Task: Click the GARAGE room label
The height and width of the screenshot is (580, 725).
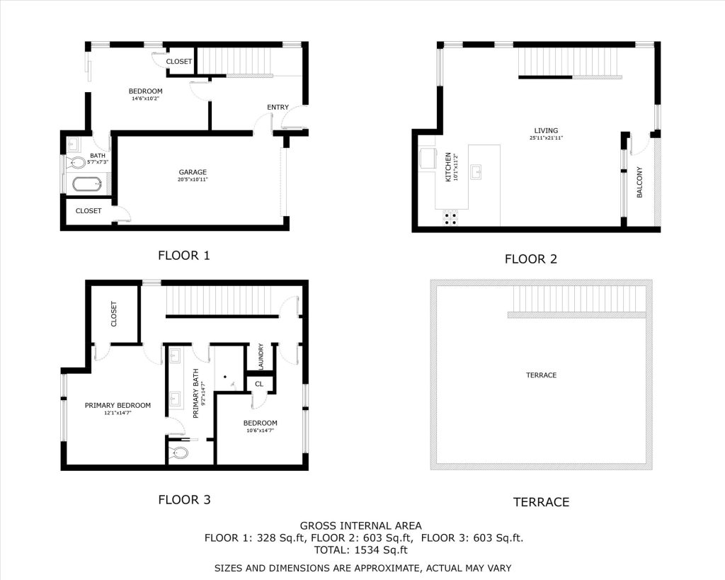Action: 193,172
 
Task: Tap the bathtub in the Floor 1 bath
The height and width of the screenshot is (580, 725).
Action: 86,185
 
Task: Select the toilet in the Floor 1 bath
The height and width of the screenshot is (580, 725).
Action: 76,162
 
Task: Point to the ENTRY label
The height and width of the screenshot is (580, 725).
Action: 278,108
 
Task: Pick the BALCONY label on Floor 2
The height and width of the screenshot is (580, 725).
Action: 640,182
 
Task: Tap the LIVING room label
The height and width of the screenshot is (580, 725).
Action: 546,130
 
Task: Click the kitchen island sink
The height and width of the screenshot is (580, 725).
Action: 476,171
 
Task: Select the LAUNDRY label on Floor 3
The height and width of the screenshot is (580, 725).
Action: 261,356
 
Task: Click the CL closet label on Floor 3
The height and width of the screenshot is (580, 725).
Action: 259,384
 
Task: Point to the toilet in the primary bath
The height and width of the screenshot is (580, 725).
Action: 178,453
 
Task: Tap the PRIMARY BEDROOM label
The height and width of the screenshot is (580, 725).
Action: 118,406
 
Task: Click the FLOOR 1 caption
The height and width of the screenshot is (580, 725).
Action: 184,256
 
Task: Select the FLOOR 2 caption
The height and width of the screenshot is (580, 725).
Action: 531,259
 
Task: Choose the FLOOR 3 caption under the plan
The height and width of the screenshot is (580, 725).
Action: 184,499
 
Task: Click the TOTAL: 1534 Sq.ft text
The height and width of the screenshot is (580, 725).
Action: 360,550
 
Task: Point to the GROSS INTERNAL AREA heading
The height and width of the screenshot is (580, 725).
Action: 360,526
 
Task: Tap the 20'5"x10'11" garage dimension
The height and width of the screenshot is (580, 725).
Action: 193,179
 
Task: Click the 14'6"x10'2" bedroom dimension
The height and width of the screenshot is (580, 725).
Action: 146,98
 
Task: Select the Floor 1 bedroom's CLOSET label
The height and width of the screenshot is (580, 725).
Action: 179,62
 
